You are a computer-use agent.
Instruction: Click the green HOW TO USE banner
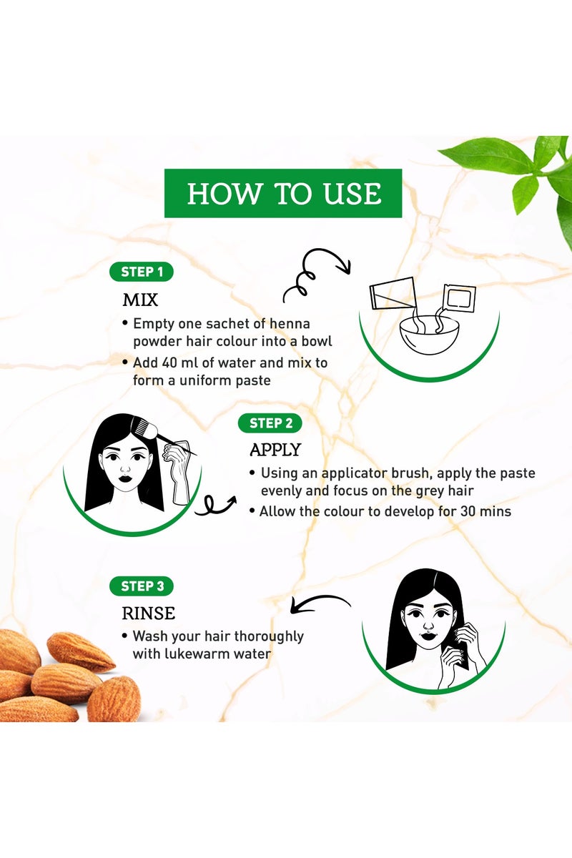coord(283,194)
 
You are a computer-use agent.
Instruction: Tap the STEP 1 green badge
coord(141,272)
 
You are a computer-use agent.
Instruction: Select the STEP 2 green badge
coord(270,423)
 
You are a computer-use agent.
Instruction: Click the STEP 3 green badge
coord(141,586)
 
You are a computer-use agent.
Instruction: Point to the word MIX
coord(140,298)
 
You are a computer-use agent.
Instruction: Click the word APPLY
coord(275,450)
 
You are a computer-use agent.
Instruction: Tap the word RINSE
coord(149,613)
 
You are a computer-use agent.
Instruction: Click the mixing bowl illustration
coord(430,335)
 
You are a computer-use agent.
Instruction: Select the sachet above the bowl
coord(458,297)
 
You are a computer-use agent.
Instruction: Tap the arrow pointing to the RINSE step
coord(317,606)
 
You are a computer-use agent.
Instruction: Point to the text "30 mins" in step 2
coord(483,511)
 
